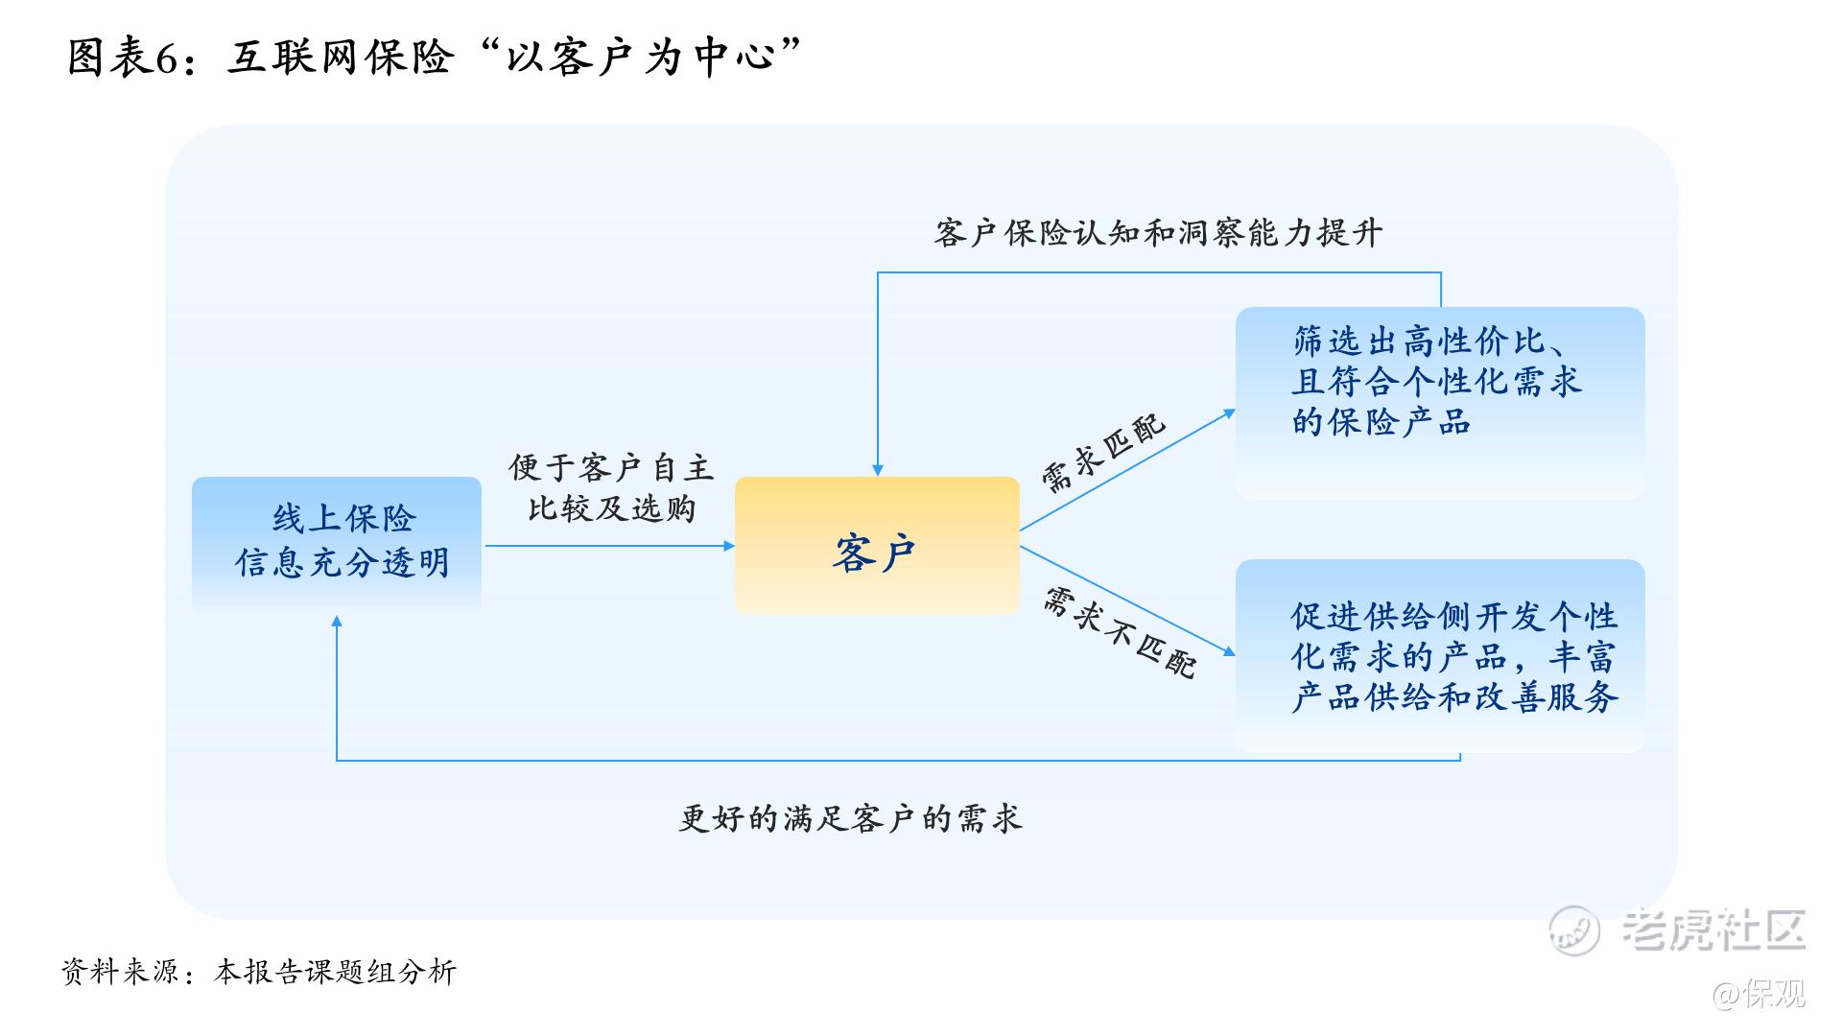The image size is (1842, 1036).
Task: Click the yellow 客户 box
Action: pyautogui.click(x=876, y=545)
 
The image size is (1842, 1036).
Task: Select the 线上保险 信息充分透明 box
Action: pyautogui.click(x=337, y=543)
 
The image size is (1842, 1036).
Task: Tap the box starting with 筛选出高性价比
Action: pyautogui.click(x=1439, y=403)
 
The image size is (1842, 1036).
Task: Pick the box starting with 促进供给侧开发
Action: pyautogui.click(x=1439, y=655)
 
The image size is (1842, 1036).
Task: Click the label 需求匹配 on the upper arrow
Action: pyautogui.click(x=1103, y=453)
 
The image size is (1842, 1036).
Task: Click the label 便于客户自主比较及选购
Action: pyautogui.click(x=611, y=488)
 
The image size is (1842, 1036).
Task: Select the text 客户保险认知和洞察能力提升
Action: pyautogui.click(x=1158, y=233)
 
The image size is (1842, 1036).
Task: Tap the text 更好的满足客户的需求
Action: pyautogui.click(x=850, y=818)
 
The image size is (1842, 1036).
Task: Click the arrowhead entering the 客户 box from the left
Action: pyautogui.click(x=729, y=546)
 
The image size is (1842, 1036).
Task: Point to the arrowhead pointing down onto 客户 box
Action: pyautogui.click(x=877, y=470)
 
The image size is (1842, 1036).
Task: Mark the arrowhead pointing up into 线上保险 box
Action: pyautogui.click(x=337, y=623)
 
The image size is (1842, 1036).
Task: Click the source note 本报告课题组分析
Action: pyautogui.click(x=335, y=972)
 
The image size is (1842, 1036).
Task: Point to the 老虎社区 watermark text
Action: pyautogui.click(x=1712, y=929)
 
